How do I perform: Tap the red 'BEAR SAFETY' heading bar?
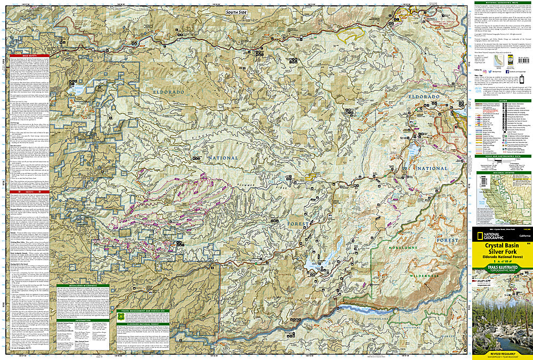(29, 55)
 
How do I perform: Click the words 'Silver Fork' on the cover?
(502, 253)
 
